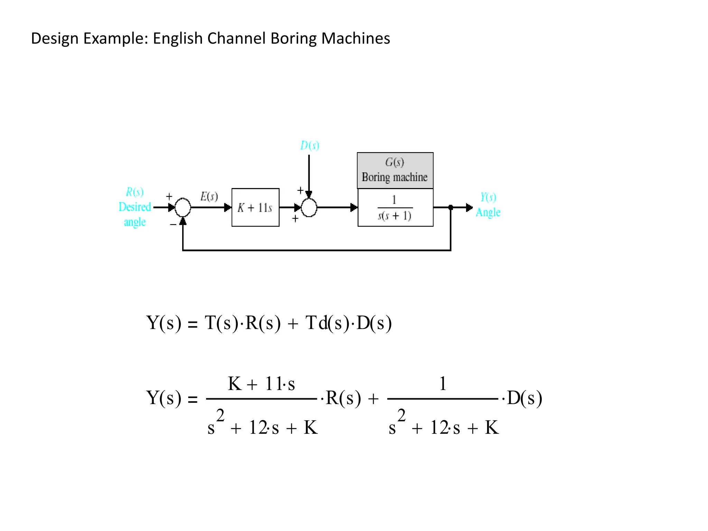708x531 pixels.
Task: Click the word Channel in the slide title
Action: (x=236, y=38)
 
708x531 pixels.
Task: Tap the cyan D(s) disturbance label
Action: (x=309, y=146)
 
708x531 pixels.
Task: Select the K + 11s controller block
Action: (x=255, y=207)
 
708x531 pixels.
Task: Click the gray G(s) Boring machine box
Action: (x=395, y=170)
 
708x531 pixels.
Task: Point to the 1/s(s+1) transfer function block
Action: (x=395, y=208)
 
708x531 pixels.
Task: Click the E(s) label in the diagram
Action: (x=209, y=196)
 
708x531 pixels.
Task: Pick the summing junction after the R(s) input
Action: (x=183, y=207)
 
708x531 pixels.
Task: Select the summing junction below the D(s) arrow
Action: (x=309, y=208)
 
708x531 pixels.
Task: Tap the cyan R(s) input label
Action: (x=134, y=192)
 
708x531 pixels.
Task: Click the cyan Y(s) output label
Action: (x=488, y=197)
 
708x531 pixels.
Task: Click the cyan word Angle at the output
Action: (x=488, y=212)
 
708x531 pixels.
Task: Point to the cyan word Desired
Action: (x=135, y=207)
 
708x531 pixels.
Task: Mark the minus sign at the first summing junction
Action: (x=173, y=224)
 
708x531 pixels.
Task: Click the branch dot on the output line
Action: (x=451, y=207)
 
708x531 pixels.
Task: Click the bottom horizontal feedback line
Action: (x=316, y=250)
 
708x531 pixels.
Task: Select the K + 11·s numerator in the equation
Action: (x=261, y=384)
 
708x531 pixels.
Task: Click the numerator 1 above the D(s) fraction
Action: (x=443, y=384)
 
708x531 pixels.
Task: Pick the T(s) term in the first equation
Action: (x=221, y=323)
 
